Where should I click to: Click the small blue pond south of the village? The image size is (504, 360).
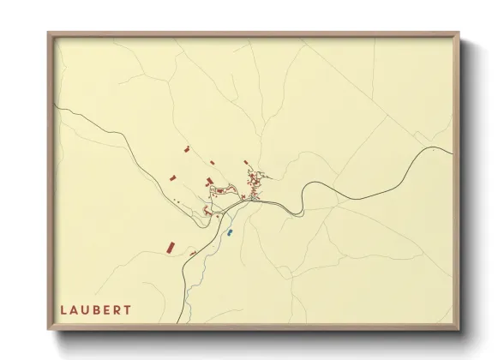coord(230,231)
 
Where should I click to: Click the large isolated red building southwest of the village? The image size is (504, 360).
coord(170,248)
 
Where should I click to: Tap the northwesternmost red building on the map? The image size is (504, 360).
coord(186,149)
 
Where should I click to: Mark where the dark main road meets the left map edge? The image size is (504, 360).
coord(57,107)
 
